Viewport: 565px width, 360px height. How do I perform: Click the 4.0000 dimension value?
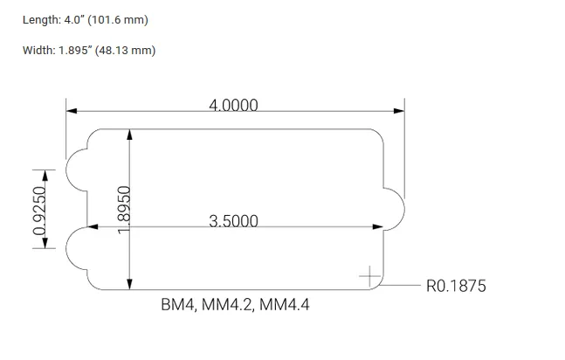pyautogui.click(x=233, y=105)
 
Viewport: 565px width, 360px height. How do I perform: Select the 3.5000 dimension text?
pyautogui.click(x=233, y=220)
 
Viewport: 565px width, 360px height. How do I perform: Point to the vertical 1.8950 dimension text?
pyautogui.click(x=124, y=209)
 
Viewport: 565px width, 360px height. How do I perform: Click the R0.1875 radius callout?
pyautogui.click(x=455, y=286)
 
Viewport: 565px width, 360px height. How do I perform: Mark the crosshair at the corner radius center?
pyautogui.click(x=370, y=277)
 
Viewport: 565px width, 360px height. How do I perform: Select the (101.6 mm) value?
pyautogui.click(x=124, y=20)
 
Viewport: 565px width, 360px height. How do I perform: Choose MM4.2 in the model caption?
pyautogui.click(x=231, y=305)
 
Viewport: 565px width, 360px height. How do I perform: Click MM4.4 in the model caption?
pyautogui.click(x=285, y=305)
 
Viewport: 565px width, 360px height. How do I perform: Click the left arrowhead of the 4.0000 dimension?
pyautogui.click(x=72, y=111)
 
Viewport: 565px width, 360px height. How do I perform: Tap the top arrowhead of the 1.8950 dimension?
pyautogui.click(x=129, y=135)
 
